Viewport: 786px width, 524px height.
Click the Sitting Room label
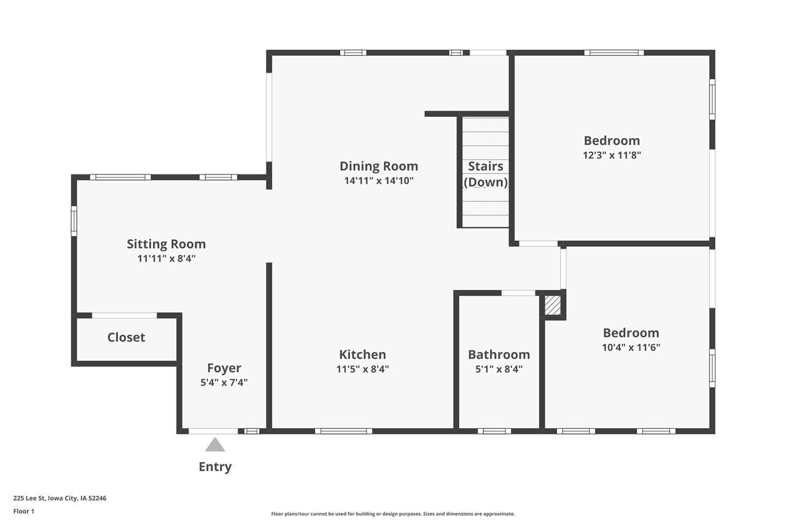tap(166, 244)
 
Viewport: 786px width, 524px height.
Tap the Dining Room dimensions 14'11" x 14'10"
tap(379, 181)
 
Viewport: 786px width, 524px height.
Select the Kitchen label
tap(362, 354)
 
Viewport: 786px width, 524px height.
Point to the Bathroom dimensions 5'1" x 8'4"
tap(499, 369)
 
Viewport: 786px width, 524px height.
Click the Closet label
tap(126, 337)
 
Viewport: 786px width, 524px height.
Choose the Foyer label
tap(224, 368)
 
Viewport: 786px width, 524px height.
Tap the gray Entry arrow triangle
tap(214, 445)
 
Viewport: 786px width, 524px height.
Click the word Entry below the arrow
tap(215, 467)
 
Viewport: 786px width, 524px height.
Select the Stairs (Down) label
tap(486, 174)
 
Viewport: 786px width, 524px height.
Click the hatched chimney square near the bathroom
tap(553, 305)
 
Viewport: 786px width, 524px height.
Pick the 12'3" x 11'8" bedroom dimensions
tap(612, 155)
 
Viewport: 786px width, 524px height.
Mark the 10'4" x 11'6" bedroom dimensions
tap(631, 347)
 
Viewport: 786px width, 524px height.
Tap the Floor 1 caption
tap(24, 511)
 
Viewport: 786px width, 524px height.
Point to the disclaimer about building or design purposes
tap(393, 514)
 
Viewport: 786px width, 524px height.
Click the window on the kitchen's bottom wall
tap(343, 431)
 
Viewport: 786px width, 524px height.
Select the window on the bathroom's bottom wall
tap(494, 431)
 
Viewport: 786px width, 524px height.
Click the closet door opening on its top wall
tap(124, 316)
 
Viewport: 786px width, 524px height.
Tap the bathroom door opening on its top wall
tap(518, 293)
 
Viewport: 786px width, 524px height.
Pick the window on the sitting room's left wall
tap(74, 221)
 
